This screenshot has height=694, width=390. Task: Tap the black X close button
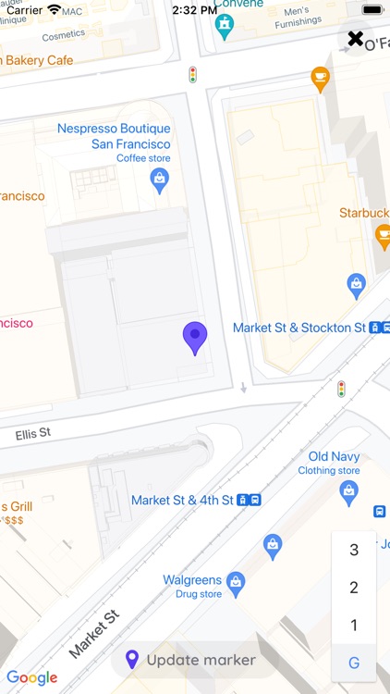tap(355, 38)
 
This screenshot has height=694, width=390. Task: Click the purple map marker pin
tap(194, 338)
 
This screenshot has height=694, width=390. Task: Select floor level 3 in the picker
tap(354, 550)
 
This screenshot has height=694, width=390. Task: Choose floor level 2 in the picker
tap(354, 588)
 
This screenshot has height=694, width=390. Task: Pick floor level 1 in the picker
tap(354, 626)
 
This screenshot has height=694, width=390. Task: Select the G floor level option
tap(354, 663)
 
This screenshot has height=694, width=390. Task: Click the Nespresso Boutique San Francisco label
tap(114, 137)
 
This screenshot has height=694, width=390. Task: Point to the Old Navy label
tap(333, 456)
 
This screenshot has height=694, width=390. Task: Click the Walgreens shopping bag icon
tap(236, 581)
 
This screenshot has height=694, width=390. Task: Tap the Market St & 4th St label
tap(182, 500)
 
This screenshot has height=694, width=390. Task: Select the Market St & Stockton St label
tap(299, 328)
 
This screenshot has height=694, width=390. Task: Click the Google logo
tap(31, 677)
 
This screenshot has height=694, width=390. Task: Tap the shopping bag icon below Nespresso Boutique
tap(160, 180)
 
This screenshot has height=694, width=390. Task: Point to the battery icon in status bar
tap(372, 10)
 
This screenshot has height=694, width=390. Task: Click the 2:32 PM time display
tap(194, 10)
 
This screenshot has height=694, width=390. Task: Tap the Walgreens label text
tap(192, 580)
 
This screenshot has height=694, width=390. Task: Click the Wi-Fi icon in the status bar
tap(55, 10)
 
